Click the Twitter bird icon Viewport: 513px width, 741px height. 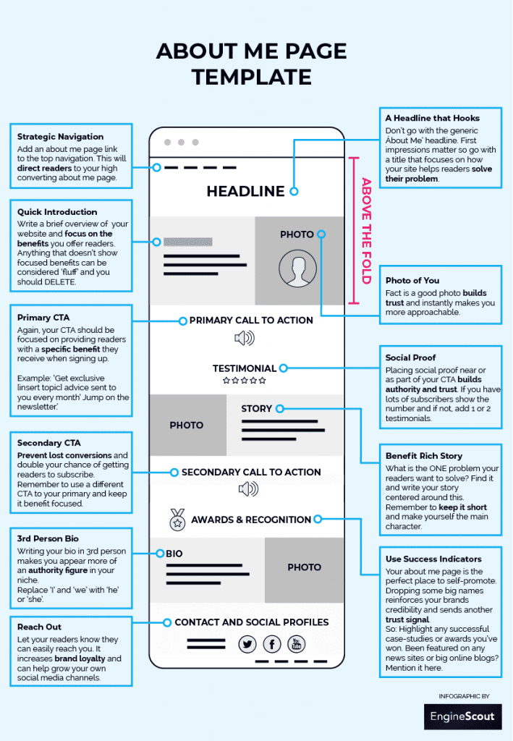248,644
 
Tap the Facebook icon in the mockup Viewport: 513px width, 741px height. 272,644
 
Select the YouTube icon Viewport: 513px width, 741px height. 297,644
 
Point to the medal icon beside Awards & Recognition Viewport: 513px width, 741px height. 177,519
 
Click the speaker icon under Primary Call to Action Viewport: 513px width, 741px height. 245,338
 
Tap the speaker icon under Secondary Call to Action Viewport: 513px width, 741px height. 248,490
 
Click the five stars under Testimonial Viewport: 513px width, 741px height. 244,380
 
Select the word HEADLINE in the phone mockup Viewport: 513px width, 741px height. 245,191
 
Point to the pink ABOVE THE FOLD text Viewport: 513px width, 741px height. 366,230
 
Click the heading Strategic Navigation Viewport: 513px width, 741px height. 61,136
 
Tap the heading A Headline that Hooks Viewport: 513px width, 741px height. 432,118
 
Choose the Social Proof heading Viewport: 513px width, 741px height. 410,357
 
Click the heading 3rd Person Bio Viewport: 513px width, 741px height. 48,539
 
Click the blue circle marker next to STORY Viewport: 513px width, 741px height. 279,408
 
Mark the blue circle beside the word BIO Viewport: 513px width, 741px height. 159,554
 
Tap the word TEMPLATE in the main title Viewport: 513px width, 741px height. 252,77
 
